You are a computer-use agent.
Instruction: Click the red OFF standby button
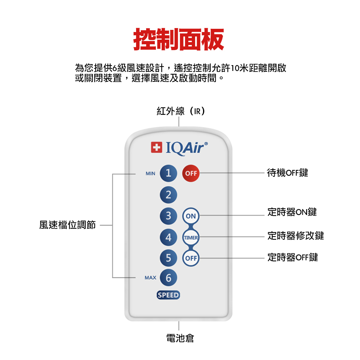coord(191,174)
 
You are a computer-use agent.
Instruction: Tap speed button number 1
coord(168,174)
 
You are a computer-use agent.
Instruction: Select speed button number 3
coord(168,216)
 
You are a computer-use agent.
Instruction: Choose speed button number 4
coord(168,238)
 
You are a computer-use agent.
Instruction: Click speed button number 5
coord(168,258)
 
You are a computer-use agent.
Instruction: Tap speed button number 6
coord(168,278)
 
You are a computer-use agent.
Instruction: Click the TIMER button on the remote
coord(191,238)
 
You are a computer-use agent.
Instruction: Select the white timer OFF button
coord(191,258)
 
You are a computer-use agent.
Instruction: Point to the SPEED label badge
coord(168,295)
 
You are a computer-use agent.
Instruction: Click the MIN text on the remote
coord(150,174)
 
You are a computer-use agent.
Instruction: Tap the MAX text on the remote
coord(150,278)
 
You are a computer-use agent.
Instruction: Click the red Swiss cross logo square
coord(156,148)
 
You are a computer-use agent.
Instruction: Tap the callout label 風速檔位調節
coord(68,225)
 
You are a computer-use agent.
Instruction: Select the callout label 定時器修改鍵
coord(296,236)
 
